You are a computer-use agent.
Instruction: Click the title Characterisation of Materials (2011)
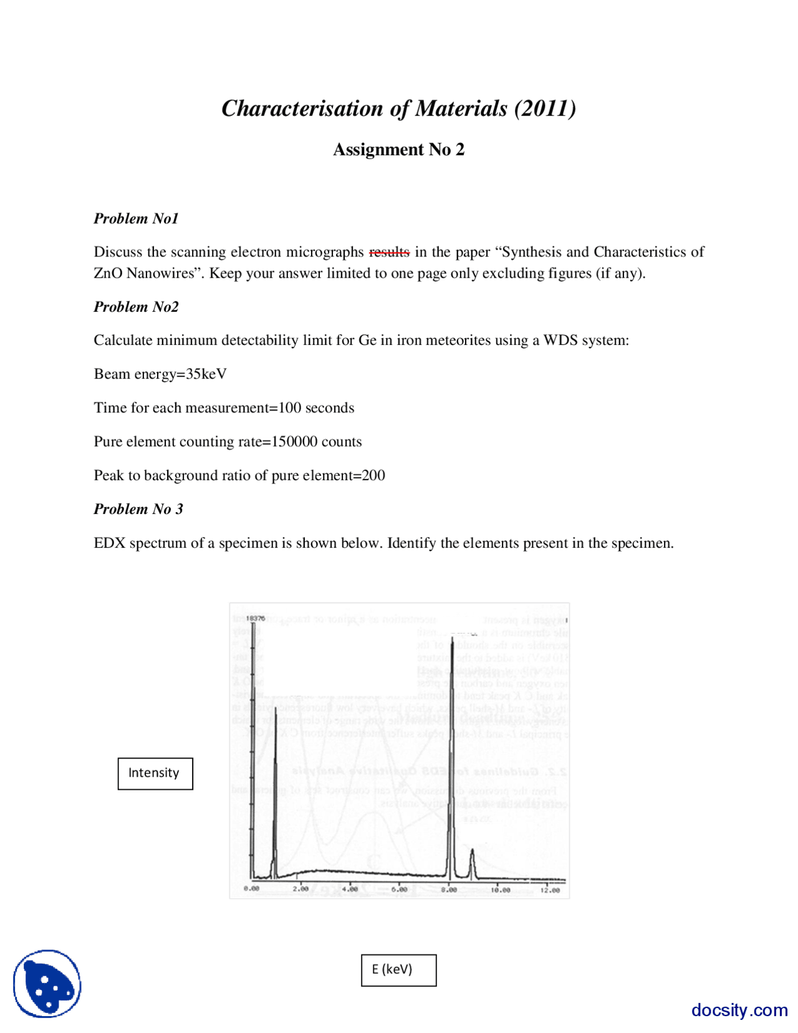[398, 109]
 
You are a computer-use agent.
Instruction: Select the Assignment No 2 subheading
[398, 150]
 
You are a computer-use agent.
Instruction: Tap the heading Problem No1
[136, 218]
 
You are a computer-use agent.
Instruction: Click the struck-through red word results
[389, 252]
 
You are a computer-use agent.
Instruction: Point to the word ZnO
[108, 273]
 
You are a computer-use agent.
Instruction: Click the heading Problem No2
[136, 307]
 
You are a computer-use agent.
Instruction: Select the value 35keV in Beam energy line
[206, 374]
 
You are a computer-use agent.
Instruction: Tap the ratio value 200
[373, 475]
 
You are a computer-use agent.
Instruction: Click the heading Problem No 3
[138, 509]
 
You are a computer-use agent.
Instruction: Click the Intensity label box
[155, 774]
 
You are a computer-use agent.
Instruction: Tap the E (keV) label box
[398, 970]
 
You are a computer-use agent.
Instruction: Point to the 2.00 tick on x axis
[300, 890]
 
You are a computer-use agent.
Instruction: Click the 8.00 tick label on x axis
[449, 890]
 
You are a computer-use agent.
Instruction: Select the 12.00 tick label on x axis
[550, 890]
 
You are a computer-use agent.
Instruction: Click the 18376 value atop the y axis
[256, 618]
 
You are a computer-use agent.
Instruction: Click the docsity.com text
[739, 1010]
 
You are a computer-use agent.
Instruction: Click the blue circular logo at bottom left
[47, 984]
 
